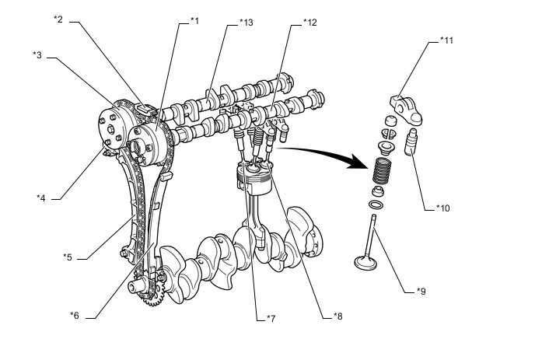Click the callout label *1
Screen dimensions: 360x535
[194, 20]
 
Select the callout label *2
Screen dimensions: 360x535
[58, 18]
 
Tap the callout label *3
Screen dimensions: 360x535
[37, 54]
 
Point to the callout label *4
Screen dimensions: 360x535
[41, 197]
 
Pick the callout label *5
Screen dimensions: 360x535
[68, 257]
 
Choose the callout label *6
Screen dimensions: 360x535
[74, 315]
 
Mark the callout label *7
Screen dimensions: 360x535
[271, 318]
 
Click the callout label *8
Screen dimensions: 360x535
[337, 315]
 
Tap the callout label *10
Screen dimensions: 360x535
[442, 208]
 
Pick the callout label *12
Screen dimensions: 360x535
[310, 23]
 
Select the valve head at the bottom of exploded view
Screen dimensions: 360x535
[365, 261]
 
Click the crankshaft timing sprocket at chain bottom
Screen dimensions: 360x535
[149, 294]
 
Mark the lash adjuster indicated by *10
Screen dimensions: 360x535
[412, 142]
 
